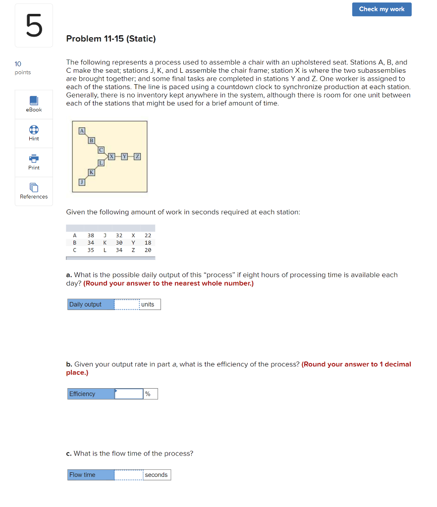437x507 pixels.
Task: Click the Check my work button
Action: (x=382, y=9)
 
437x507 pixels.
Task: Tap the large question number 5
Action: (x=33, y=26)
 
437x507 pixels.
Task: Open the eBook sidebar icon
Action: (x=34, y=101)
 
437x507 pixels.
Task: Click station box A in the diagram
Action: (x=82, y=131)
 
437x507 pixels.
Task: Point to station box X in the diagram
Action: (x=112, y=156)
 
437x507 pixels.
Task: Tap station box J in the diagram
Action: (x=82, y=183)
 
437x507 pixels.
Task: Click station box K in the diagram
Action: (x=91, y=172)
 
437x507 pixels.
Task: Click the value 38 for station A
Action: (x=91, y=236)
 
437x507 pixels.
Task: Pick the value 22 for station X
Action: (x=148, y=236)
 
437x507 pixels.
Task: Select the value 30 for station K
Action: (x=119, y=243)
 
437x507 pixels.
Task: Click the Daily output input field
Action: (x=126, y=304)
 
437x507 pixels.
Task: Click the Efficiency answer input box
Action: (x=129, y=394)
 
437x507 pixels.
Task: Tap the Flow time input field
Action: (x=128, y=475)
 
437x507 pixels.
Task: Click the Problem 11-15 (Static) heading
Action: (x=111, y=39)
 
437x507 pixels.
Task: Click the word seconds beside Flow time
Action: (x=156, y=475)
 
